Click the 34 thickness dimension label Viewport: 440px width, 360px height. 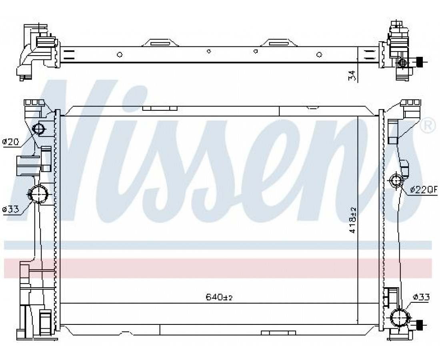(352, 76)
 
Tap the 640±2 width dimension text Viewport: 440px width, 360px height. (219, 297)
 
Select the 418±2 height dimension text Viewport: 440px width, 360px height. (352, 220)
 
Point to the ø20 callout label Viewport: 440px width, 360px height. (10, 142)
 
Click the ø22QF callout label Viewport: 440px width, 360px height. (424, 190)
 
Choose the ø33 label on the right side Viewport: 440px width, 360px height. (421, 297)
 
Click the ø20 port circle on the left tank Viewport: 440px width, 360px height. (39, 129)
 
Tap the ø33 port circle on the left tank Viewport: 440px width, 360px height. (38, 194)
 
